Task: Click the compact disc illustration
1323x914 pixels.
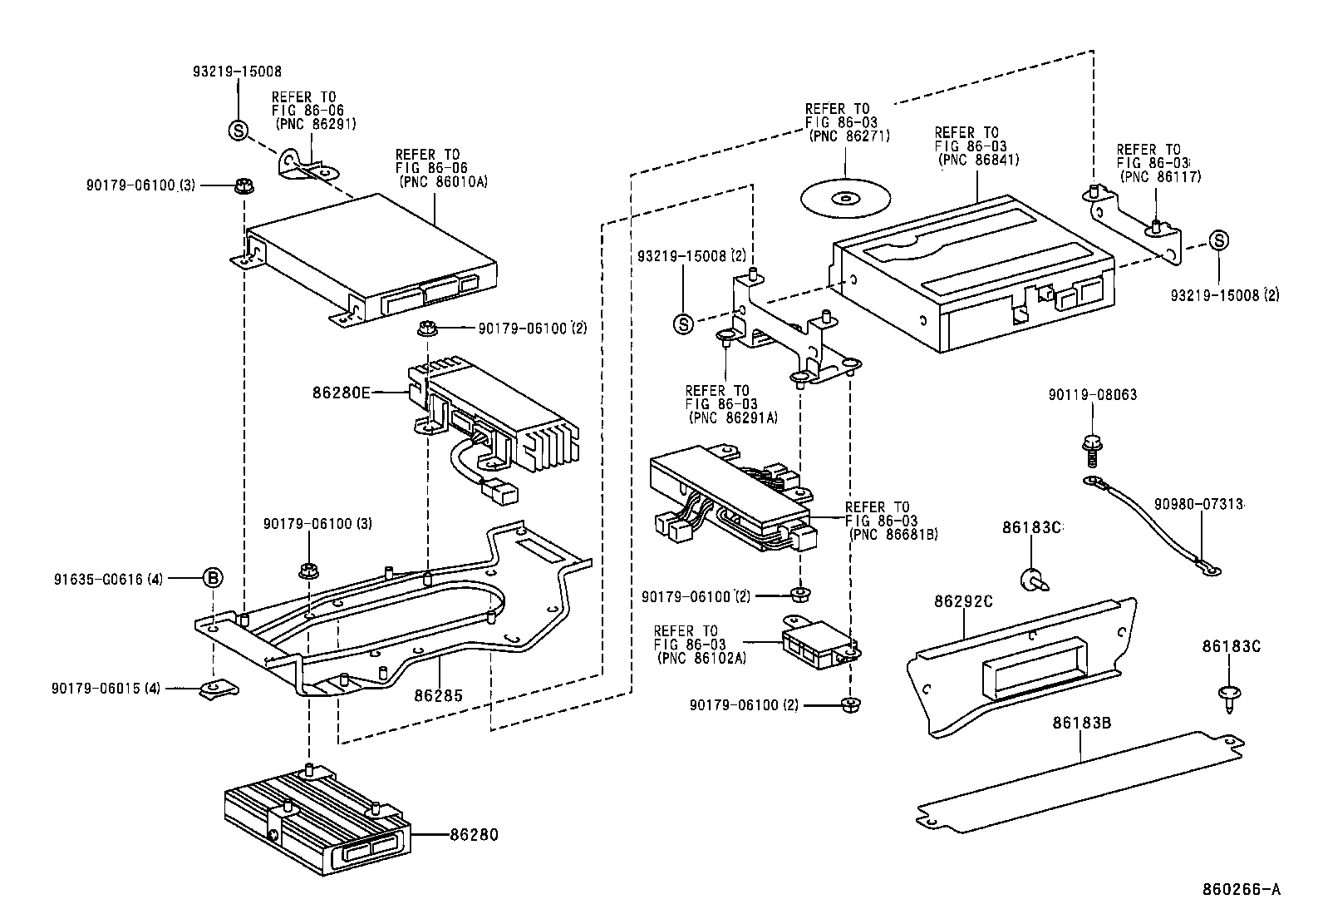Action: click(x=845, y=198)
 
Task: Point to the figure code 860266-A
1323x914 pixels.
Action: click(x=1242, y=889)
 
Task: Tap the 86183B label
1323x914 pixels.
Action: click(x=1081, y=723)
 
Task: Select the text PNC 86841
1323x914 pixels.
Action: click(x=978, y=160)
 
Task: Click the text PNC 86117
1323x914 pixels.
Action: click(x=1160, y=175)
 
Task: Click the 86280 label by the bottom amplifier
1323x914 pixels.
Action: click(x=474, y=834)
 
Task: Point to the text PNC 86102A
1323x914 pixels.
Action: click(x=701, y=658)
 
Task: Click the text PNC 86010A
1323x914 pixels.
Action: click(x=442, y=180)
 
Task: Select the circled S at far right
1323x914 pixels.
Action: click(x=1218, y=241)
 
